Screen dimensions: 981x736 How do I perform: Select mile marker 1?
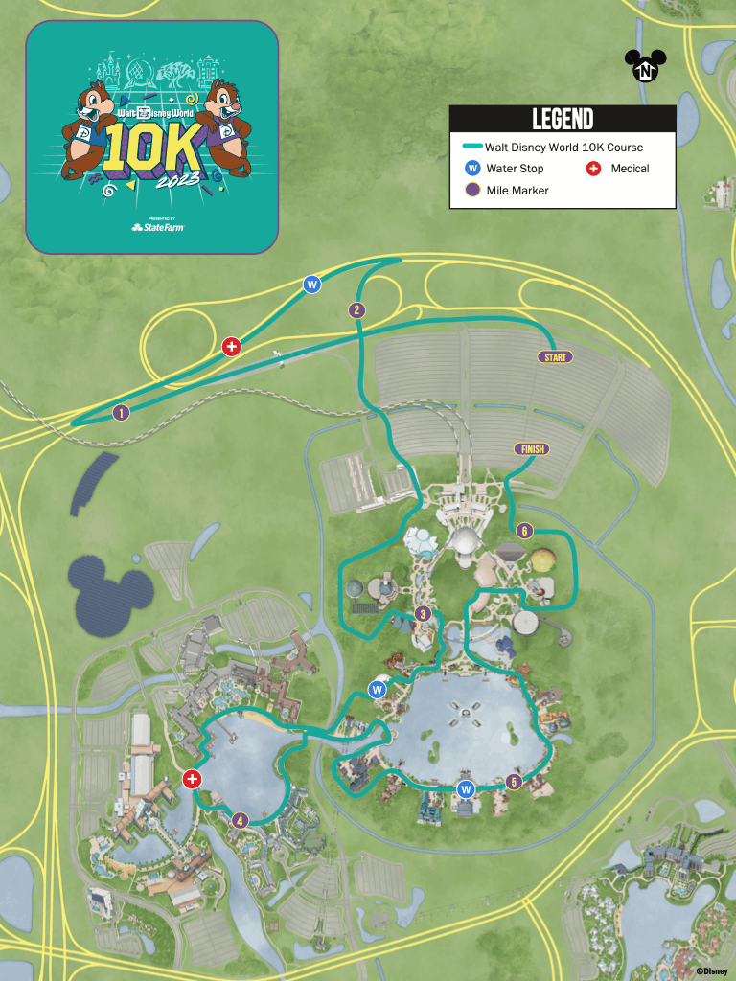pos(121,414)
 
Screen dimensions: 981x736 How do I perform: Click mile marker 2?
pos(356,309)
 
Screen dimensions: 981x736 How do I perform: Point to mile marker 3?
pos(422,614)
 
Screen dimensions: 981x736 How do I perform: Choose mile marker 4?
pos(240,820)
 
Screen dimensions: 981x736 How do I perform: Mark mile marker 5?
pos(515,782)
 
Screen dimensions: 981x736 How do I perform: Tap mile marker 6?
pos(523,531)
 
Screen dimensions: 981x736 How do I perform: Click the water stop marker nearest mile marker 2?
pos(311,285)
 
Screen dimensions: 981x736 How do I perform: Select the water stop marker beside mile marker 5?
pos(467,789)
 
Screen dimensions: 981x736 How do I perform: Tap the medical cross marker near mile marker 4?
pos(192,780)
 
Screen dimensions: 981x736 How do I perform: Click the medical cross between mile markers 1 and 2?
pos(231,346)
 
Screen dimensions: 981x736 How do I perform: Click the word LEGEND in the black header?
pos(563,119)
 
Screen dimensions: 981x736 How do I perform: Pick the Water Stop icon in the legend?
pos(471,169)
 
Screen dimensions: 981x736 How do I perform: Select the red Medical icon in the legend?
pos(593,169)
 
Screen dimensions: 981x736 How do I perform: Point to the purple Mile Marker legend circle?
pos(471,190)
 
